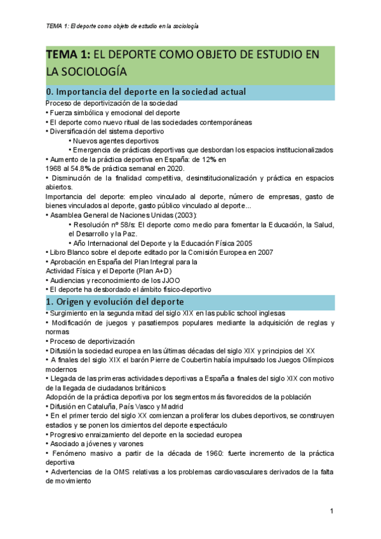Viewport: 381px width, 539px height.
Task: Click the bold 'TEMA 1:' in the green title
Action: coord(69,55)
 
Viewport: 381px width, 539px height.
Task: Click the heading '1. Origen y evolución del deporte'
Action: coord(115,301)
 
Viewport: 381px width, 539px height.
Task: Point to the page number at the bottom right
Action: coord(331,512)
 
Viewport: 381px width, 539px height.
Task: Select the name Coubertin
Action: coord(190,359)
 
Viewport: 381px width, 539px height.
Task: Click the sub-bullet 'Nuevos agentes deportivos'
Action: coord(116,140)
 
